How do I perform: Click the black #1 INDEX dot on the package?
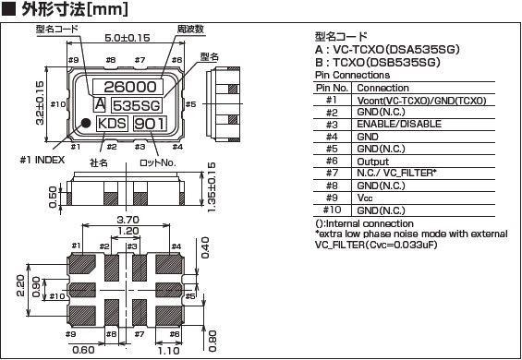coord(86,123)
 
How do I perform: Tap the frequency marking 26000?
coord(130,87)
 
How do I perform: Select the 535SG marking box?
coord(136,105)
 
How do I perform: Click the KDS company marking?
coord(112,124)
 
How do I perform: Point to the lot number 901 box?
coord(150,124)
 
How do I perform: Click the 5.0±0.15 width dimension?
coord(127,38)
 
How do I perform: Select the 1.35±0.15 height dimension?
coord(211,186)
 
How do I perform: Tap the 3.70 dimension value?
coord(128,220)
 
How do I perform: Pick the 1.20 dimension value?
coord(128,231)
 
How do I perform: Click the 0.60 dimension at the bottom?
coord(83,350)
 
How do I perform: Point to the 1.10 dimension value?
coord(168,351)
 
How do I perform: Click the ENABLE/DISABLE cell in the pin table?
coord(399,124)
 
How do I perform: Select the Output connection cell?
coord(373,162)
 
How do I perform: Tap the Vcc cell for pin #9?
coord(365,198)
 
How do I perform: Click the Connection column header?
coord(382,89)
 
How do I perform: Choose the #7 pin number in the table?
coord(332,174)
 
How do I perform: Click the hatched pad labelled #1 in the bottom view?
coord(82,265)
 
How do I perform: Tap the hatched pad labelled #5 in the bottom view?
coord(169,290)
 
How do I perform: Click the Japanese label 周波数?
coord(190,30)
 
